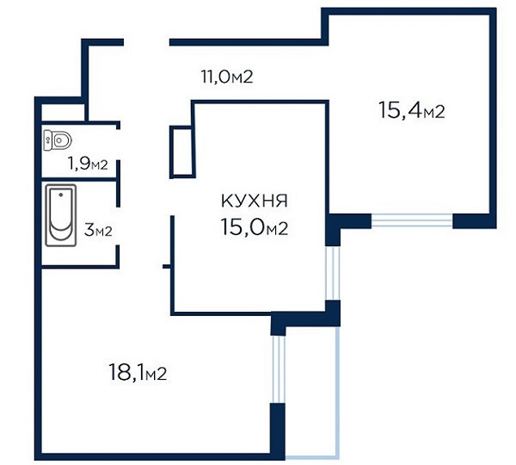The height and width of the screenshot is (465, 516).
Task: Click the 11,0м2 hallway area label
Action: tap(227, 77)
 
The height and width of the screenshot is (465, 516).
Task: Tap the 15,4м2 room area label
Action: tap(412, 110)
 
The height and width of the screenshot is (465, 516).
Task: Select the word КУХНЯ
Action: tap(255, 201)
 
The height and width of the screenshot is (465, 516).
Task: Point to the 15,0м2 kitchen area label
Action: tap(255, 227)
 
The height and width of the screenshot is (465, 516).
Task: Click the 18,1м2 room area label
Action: tap(138, 372)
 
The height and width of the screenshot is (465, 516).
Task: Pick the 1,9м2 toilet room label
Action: tap(88, 164)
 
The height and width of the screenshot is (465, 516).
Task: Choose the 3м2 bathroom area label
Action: tap(98, 230)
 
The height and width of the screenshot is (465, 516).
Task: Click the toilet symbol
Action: tap(58, 140)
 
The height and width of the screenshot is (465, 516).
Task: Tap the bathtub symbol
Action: tap(61, 215)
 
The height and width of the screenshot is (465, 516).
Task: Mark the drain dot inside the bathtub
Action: tap(61, 195)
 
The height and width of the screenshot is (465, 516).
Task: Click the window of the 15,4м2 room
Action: tap(412, 220)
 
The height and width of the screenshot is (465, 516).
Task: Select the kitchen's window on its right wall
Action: tap(333, 273)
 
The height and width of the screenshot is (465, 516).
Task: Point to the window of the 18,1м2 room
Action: tap(278, 369)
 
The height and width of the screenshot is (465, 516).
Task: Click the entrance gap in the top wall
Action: tap(146, 42)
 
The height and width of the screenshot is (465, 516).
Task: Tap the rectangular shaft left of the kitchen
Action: tap(182, 152)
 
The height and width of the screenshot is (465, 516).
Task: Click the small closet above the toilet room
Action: tap(63, 112)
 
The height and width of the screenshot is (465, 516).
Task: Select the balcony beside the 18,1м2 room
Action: tap(311, 391)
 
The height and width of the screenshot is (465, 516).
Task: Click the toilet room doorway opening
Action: tap(118, 145)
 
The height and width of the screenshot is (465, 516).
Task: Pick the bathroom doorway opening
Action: tap(118, 226)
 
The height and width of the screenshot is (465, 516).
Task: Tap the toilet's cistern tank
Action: tap(47, 140)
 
